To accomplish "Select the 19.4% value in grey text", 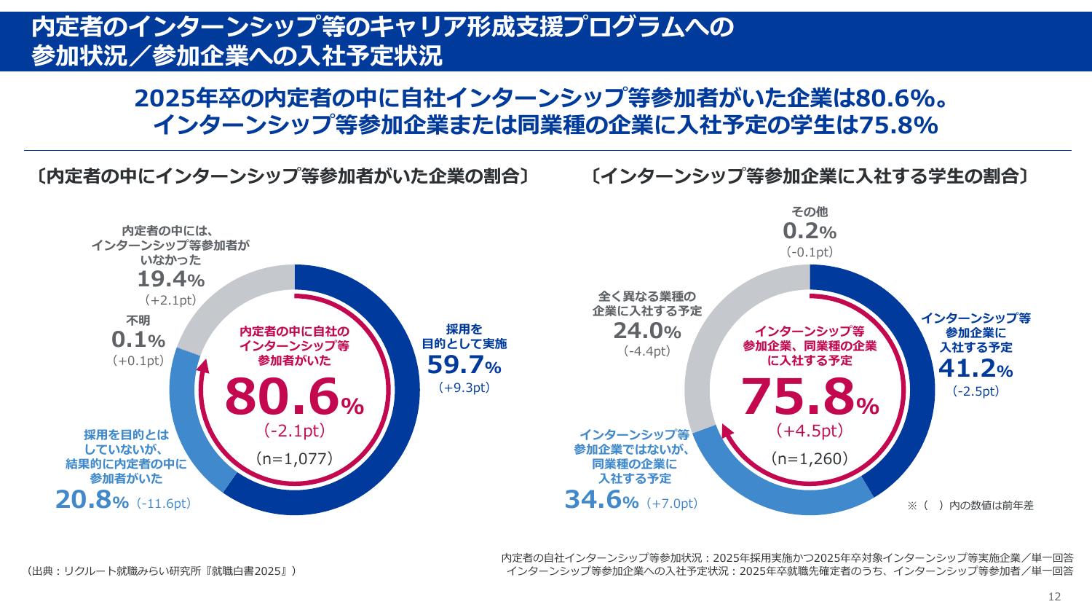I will [171, 278].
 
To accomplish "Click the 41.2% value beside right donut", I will [976, 369].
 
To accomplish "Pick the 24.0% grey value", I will [646, 331].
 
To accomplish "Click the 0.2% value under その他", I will [810, 232].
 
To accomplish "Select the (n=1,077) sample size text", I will [294, 458].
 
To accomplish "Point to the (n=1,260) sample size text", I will [810, 458].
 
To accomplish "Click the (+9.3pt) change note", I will [464, 388].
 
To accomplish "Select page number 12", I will [1054, 597].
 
